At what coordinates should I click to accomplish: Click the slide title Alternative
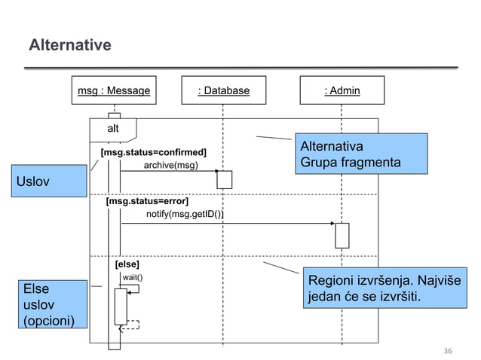(69, 46)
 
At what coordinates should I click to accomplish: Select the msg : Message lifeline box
(114, 91)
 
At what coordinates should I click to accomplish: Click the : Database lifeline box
(223, 91)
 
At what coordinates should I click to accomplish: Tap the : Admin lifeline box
(342, 91)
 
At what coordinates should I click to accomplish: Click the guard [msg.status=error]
(147, 202)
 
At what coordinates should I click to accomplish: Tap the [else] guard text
(127, 264)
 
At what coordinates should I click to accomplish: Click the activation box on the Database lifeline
(224, 180)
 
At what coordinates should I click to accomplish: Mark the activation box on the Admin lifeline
(342, 235)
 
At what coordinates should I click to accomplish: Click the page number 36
(448, 351)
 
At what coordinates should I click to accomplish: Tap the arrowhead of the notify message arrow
(332, 224)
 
